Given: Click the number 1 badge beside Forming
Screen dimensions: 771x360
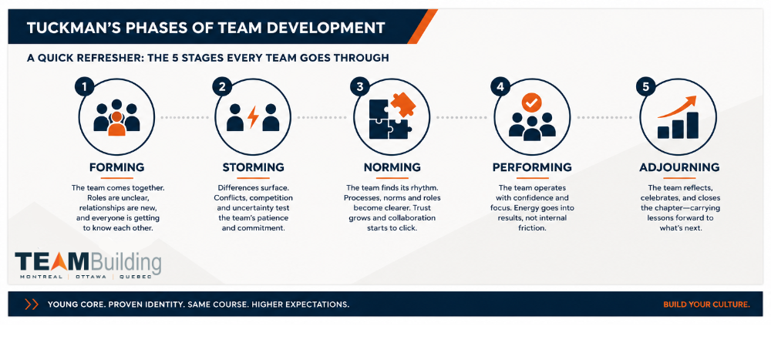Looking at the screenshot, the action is tap(84, 87).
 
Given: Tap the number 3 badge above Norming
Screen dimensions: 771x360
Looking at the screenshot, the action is tap(359, 87).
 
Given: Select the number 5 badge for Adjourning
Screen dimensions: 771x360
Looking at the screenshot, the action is tap(645, 87).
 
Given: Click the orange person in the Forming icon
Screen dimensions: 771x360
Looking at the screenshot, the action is tap(116, 124).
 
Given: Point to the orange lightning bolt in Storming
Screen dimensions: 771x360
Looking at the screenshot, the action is tap(253, 117).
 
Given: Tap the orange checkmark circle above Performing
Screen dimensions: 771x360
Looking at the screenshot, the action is tap(532, 103).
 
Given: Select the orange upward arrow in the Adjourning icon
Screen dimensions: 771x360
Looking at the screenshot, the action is tap(677, 106).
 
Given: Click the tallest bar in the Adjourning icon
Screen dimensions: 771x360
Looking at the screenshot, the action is tap(692, 126).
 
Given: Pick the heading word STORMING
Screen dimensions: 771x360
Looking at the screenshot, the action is tap(253, 167).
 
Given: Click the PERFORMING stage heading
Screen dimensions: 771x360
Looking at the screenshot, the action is tap(532, 167).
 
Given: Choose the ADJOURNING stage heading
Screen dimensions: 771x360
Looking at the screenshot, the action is tap(679, 167).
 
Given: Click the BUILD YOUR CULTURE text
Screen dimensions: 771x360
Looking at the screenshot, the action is tap(706, 304).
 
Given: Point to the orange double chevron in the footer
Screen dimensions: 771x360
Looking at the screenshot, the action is tap(32, 304).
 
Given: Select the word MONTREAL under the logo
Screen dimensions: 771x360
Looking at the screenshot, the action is tap(42, 277).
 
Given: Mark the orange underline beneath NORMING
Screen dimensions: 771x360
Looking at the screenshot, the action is tap(392, 177).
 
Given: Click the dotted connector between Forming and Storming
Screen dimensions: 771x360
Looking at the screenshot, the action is tap(185, 117).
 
